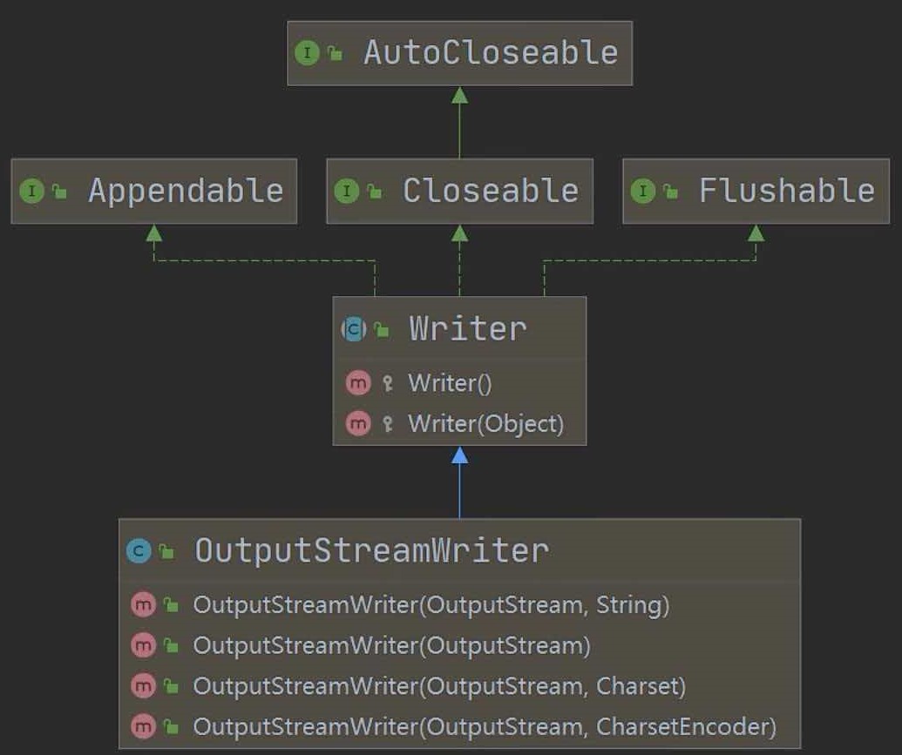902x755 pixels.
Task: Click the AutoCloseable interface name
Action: [x=491, y=53]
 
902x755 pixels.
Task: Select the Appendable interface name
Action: [x=186, y=191]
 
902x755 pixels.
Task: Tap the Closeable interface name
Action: [x=491, y=191]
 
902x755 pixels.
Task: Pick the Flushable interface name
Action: [x=787, y=191]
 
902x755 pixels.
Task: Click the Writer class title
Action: [x=468, y=328]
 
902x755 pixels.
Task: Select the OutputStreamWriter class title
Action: [x=371, y=550]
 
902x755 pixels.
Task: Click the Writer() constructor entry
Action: [x=450, y=382]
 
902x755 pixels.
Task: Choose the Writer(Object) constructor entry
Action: [x=485, y=424]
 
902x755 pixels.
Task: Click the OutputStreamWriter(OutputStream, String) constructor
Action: [x=431, y=604]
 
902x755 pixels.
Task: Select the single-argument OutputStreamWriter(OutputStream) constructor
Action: [x=391, y=645]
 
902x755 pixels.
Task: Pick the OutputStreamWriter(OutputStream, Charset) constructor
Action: [x=439, y=686]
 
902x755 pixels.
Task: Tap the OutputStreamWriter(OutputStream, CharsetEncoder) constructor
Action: [x=484, y=726]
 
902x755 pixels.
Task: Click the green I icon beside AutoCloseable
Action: [x=307, y=53]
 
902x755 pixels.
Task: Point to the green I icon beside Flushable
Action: [x=642, y=191]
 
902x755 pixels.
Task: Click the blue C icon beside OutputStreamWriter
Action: [x=138, y=550]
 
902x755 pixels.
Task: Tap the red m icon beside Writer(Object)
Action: [x=357, y=424]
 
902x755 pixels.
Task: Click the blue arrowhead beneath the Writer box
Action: [x=459, y=455]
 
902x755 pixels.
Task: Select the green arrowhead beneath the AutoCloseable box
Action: [x=459, y=95]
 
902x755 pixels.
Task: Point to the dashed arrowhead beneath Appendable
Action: [x=154, y=233]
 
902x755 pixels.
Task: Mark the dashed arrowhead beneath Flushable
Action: [x=756, y=233]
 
